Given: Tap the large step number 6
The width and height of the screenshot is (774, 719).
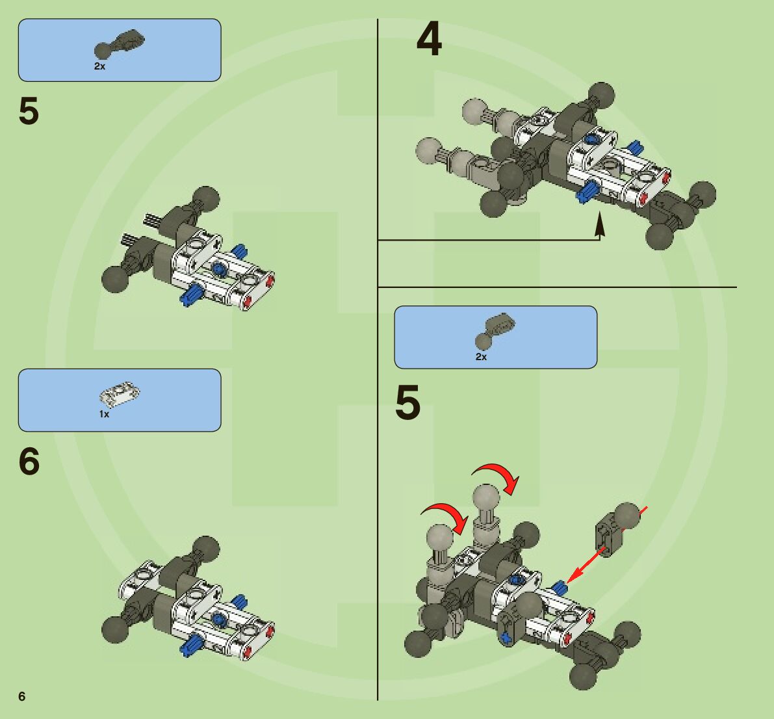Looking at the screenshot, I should [29, 462].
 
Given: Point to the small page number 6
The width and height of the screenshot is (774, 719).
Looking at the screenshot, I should [22, 696].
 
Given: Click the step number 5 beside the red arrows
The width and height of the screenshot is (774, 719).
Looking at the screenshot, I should [408, 403].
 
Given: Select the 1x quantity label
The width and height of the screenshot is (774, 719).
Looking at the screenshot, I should [104, 414].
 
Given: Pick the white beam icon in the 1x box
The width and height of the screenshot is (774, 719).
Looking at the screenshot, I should [120, 393].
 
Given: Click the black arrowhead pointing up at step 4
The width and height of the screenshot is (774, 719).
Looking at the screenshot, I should [600, 226].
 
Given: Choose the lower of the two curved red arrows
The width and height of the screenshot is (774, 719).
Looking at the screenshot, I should [446, 514].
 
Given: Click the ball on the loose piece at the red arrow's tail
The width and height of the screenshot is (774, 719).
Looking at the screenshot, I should [627, 516].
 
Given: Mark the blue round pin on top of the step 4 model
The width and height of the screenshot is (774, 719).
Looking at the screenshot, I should [591, 138].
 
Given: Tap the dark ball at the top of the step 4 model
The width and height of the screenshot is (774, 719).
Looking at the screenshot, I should [601, 96].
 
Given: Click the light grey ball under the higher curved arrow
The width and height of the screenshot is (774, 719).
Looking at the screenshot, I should [484, 499].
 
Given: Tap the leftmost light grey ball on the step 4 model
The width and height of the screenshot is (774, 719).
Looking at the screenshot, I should [429, 150].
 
